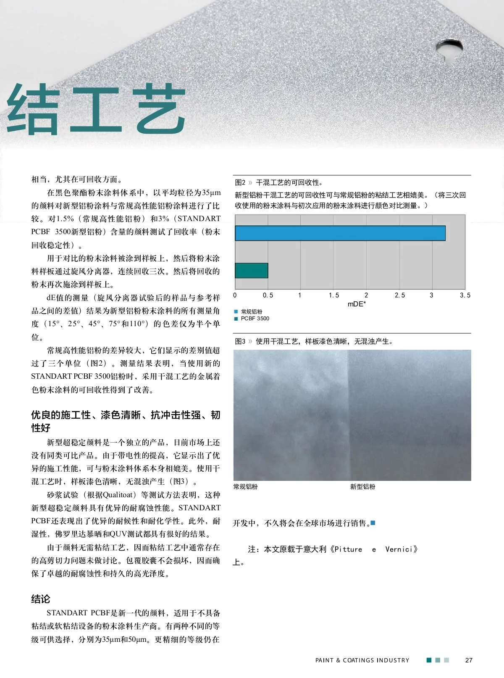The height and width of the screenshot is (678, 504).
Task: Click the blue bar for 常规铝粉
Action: (x=340, y=233)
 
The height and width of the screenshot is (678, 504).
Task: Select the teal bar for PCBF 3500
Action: (x=251, y=270)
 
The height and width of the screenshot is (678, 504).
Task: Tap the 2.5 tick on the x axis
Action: (x=399, y=295)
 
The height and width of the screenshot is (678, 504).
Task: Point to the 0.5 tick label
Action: (x=268, y=295)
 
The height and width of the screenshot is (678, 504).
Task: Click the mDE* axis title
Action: (x=357, y=304)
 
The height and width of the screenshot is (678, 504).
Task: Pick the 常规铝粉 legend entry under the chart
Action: (x=251, y=311)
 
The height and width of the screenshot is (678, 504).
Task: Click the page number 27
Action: (x=469, y=660)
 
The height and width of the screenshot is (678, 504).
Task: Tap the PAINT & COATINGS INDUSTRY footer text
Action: (x=362, y=660)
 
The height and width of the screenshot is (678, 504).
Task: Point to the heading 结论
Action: (x=41, y=599)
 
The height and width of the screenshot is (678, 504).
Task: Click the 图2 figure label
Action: (x=240, y=182)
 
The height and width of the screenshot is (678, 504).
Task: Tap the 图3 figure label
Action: (x=240, y=341)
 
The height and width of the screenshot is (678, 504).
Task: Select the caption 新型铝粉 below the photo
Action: (x=362, y=487)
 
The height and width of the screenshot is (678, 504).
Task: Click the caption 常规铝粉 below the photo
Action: (x=245, y=487)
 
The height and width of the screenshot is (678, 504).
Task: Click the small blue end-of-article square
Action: (x=373, y=523)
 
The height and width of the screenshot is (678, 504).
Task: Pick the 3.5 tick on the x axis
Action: (x=465, y=295)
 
